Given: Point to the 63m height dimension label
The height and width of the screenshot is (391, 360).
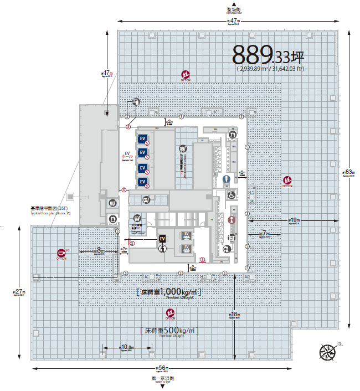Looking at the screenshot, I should [x=348, y=172].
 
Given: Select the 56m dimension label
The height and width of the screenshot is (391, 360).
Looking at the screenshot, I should [x=162, y=368].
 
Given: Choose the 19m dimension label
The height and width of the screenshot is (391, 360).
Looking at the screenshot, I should [x=293, y=220].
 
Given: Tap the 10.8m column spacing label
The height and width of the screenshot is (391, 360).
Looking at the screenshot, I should [x=127, y=348].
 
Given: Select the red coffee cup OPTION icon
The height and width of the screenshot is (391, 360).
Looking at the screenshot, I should [x=61, y=254].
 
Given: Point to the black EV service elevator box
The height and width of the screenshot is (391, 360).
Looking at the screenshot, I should [x=162, y=239].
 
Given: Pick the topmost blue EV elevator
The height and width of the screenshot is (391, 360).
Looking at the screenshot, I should [x=142, y=138].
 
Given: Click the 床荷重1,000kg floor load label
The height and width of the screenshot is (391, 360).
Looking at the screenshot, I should [x=168, y=292].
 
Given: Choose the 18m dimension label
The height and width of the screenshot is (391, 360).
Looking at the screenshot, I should [x=234, y=315].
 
